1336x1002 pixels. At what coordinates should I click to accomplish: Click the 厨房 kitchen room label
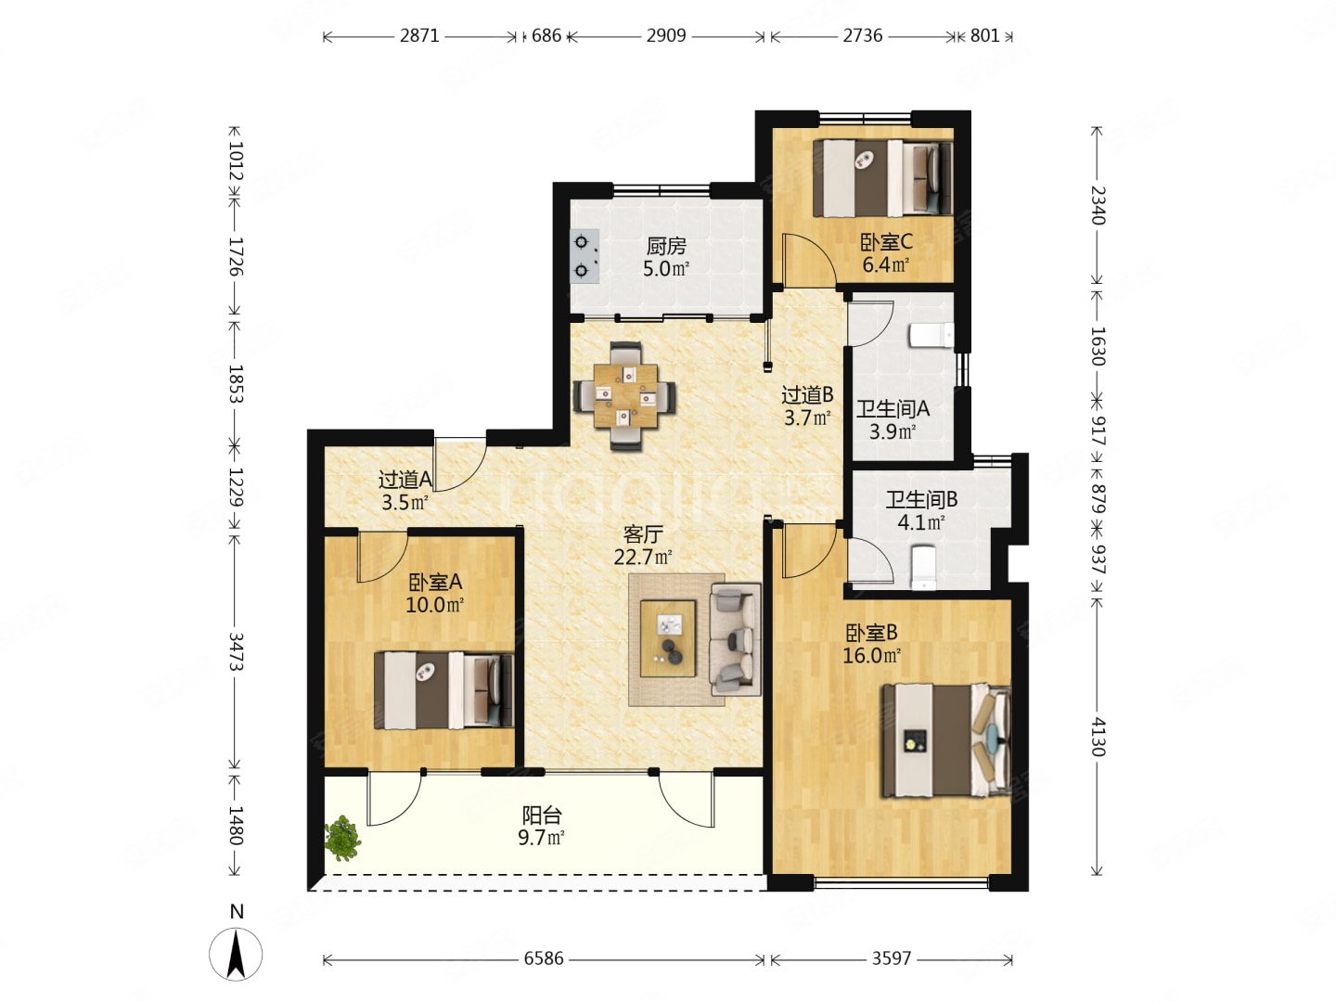[666, 247]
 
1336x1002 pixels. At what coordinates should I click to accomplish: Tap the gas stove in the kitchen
[584, 256]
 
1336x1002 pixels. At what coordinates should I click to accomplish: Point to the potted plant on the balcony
[342, 839]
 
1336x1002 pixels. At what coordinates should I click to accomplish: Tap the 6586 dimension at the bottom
[544, 958]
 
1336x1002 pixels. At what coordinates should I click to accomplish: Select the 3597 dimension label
[891, 958]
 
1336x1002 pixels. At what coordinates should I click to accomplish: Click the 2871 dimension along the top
[419, 36]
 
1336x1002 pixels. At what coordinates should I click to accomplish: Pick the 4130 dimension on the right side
[1098, 737]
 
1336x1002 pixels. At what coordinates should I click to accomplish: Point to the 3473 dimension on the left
[236, 651]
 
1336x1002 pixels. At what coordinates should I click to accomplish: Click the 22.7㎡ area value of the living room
[643, 558]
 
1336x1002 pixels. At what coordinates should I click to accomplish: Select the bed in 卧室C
[882, 178]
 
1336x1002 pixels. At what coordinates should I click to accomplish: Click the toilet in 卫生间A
[931, 336]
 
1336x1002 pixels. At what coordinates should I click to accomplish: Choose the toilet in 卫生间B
[923, 568]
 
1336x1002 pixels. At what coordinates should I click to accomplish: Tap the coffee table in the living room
[668, 638]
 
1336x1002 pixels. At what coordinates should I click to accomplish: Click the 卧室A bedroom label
[435, 583]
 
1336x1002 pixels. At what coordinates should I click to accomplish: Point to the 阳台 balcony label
[542, 816]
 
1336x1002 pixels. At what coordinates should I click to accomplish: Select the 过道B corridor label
[807, 395]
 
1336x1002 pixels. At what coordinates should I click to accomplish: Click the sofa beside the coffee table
[736, 639]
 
